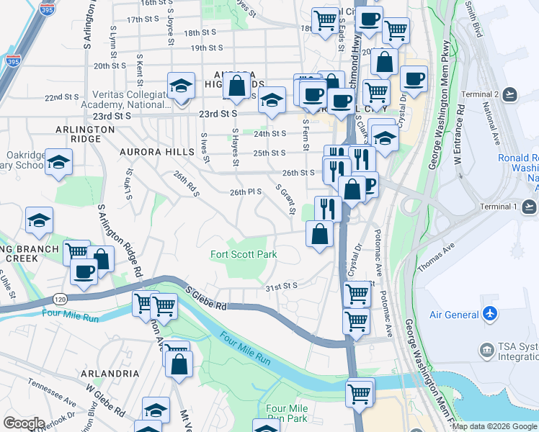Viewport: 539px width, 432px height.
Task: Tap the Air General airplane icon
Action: click(491, 314)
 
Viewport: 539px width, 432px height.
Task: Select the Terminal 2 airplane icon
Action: click(510, 94)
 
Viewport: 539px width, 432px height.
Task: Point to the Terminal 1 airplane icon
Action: click(530, 207)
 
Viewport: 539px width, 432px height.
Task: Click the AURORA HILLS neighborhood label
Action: click(157, 152)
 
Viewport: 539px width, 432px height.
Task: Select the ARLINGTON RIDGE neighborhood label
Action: click(86, 129)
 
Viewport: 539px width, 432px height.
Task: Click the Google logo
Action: click(24, 423)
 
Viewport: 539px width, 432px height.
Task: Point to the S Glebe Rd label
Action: click(206, 297)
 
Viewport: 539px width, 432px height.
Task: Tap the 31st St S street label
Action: click(282, 286)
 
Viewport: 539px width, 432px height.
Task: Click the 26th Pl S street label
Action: click(245, 192)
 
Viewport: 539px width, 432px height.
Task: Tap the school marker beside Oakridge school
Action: click(58, 162)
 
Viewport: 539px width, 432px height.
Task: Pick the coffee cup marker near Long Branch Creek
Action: click(84, 271)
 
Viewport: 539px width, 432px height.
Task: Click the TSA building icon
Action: click(487, 351)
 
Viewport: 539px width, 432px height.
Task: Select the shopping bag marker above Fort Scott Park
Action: click(319, 233)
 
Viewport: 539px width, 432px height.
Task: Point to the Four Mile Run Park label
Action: click(287, 413)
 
